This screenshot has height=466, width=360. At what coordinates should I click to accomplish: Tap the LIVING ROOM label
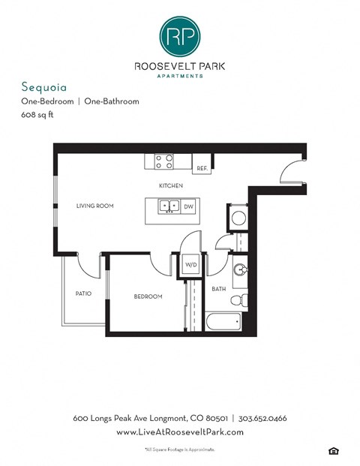(94, 206)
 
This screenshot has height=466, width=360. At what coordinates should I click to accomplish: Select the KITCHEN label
(171, 185)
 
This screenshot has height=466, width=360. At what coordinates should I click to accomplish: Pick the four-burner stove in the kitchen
(164, 161)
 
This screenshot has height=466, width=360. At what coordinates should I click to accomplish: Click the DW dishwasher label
(188, 206)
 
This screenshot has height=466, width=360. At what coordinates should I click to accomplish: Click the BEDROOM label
(148, 296)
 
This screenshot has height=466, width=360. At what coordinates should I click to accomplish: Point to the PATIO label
(83, 293)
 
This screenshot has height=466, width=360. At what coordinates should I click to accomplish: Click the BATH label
(219, 288)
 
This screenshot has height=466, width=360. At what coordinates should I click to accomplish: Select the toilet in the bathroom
(238, 299)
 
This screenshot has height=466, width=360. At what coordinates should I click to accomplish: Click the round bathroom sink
(239, 270)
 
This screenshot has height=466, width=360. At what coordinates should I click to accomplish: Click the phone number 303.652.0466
(262, 417)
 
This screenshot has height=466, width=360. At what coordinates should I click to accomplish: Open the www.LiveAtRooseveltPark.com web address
(180, 432)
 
